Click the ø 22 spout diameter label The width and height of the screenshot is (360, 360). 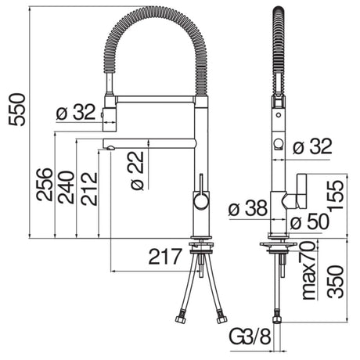tap(135, 173)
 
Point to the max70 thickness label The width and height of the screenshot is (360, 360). tap(307, 258)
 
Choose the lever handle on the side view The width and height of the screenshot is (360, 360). tap(296, 191)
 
